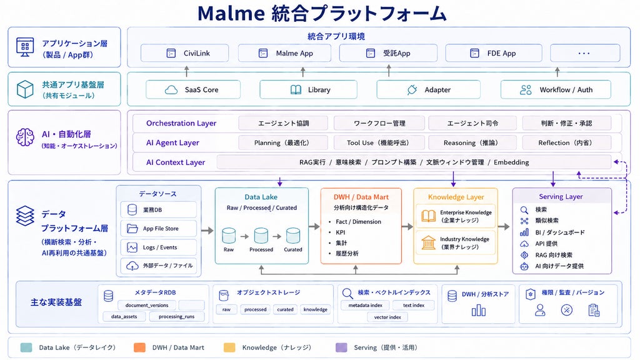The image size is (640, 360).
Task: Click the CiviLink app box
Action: pos(184,53)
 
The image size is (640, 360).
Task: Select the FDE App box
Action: pos(494,53)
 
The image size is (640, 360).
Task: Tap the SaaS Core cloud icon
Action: pos(171,90)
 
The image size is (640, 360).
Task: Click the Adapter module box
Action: pos(428,90)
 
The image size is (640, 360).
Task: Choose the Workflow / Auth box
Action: pos(556,90)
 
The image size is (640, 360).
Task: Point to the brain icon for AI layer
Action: pos(25,137)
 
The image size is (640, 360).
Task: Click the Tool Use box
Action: pos(379,143)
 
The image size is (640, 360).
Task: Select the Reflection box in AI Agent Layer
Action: pos(566,143)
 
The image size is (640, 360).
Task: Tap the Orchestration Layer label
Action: pos(181,123)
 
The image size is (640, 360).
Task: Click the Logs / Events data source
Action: pos(158,247)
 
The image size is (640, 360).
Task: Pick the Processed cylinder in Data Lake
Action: pos(261,236)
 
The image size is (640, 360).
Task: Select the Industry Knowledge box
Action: pos(456,243)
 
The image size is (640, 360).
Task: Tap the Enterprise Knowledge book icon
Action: pos(428,216)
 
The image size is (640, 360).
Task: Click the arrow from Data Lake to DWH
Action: pos(314,226)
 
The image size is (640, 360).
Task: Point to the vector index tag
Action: pos(387,317)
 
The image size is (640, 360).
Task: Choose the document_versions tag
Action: pos(147,305)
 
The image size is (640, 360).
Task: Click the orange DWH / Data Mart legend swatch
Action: pos(139,347)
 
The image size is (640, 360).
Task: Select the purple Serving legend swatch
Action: pos(341,347)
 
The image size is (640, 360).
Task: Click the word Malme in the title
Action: pos(231,14)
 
